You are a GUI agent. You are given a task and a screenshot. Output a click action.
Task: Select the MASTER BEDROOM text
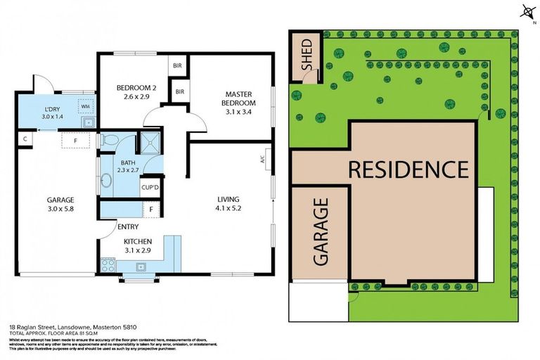[x=240, y=98]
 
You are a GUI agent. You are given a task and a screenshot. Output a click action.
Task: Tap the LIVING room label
[x=229, y=198]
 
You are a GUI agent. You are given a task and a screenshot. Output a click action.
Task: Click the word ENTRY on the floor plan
[x=128, y=226]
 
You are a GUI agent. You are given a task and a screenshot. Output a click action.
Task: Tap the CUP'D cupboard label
[x=150, y=187]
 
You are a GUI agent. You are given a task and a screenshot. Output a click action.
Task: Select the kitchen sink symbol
[x=141, y=267]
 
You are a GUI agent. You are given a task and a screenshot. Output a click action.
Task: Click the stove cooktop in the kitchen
[x=109, y=266]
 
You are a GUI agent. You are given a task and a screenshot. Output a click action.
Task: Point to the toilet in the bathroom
[x=108, y=140]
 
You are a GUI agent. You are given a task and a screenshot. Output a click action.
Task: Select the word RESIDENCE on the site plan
[x=409, y=169]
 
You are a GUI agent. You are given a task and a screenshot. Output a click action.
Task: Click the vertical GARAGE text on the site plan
[x=320, y=231]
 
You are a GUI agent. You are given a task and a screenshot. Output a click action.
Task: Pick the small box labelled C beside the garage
[x=25, y=139]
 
